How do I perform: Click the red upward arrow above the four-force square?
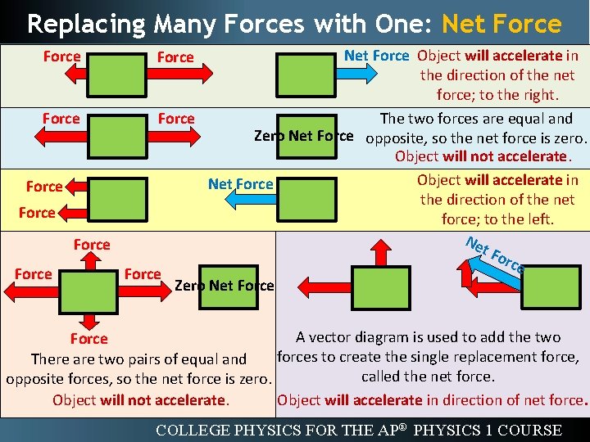click(x=93, y=261)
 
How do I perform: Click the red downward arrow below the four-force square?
click(x=93, y=320)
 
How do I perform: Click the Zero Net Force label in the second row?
click(x=303, y=136)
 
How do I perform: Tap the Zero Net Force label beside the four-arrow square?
click(x=225, y=285)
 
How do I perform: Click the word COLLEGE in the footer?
click(x=193, y=430)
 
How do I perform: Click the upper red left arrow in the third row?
click(x=75, y=187)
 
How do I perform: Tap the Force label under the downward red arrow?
click(x=88, y=338)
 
